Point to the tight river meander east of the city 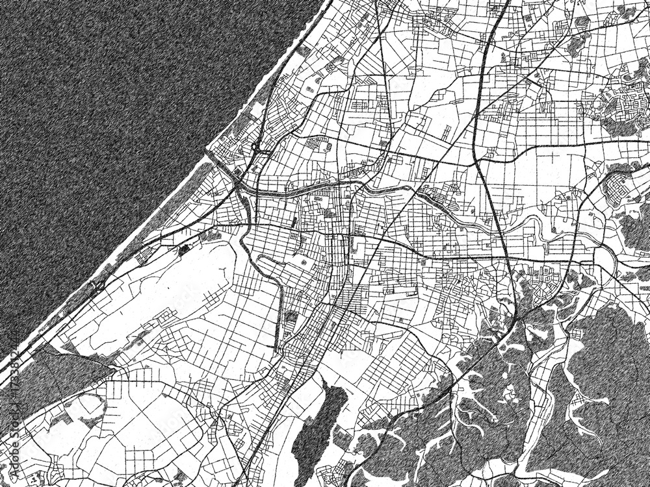click(536, 227)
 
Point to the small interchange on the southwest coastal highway click(97, 282)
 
